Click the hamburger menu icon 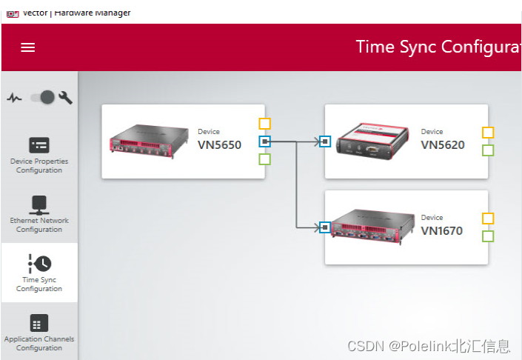(x=28, y=47)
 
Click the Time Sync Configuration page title (x=438, y=47)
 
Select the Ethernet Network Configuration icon (x=39, y=204)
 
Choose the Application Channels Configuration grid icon (x=39, y=323)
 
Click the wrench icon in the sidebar (x=65, y=97)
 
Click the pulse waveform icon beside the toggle (x=15, y=97)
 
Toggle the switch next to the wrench (x=43, y=97)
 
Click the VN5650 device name (x=219, y=145)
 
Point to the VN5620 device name (x=443, y=145)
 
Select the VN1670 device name (x=441, y=231)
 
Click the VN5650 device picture (x=141, y=141)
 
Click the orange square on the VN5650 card (x=265, y=124)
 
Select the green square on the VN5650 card (x=265, y=159)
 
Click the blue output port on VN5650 (x=265, y=141)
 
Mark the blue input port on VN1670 (x=324, y=227)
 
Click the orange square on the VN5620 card (x=488, y=133)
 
